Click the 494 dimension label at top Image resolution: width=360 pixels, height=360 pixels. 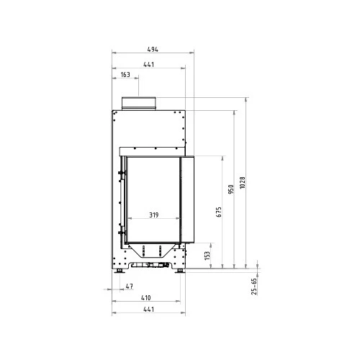153,50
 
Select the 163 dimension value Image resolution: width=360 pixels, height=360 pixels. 125,75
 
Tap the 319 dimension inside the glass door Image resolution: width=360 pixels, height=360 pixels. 154,215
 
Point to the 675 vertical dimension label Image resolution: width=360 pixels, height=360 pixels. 219,212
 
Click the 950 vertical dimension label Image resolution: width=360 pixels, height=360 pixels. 231,189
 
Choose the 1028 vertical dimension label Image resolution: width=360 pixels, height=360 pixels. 243,183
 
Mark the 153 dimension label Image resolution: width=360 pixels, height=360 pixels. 207,256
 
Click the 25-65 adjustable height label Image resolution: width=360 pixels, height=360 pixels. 254,287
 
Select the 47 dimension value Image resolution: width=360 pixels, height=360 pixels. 130,286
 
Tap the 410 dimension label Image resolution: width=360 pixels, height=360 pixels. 146,298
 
